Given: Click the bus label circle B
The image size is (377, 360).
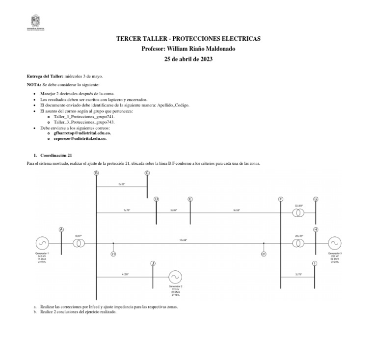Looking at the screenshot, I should click(x=96, y=173).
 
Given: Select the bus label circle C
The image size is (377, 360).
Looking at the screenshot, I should click(x=147, y=173).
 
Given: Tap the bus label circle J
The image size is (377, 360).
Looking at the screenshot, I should click(x=153, y=263).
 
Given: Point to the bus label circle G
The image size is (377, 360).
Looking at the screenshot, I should click(x=316, y=199).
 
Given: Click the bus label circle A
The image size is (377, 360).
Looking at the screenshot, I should click(x=61, y=229).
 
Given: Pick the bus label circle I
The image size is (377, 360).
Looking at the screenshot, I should click(x=315, y=263).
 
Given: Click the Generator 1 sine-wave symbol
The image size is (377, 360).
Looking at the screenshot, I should click(x=42, y=243).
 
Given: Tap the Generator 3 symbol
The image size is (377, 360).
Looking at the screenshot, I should click(x=335, y=243).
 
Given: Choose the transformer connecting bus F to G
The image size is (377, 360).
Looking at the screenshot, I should click(x=298, y=213).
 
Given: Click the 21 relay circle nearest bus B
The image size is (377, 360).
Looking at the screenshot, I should click(x=113, y=254).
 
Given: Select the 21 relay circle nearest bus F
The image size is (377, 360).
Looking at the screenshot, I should click(x=264, y=254).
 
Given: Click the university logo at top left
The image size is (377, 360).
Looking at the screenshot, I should click(x=35, y=23).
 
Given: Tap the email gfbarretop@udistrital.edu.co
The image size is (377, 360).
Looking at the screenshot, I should click(x=82, y=133).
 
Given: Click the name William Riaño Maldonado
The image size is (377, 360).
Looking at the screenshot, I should click(x=201, y=49).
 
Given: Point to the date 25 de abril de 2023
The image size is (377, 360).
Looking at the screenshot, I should click(x=188, y=59).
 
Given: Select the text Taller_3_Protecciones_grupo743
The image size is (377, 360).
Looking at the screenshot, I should click(x=84, y=122).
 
